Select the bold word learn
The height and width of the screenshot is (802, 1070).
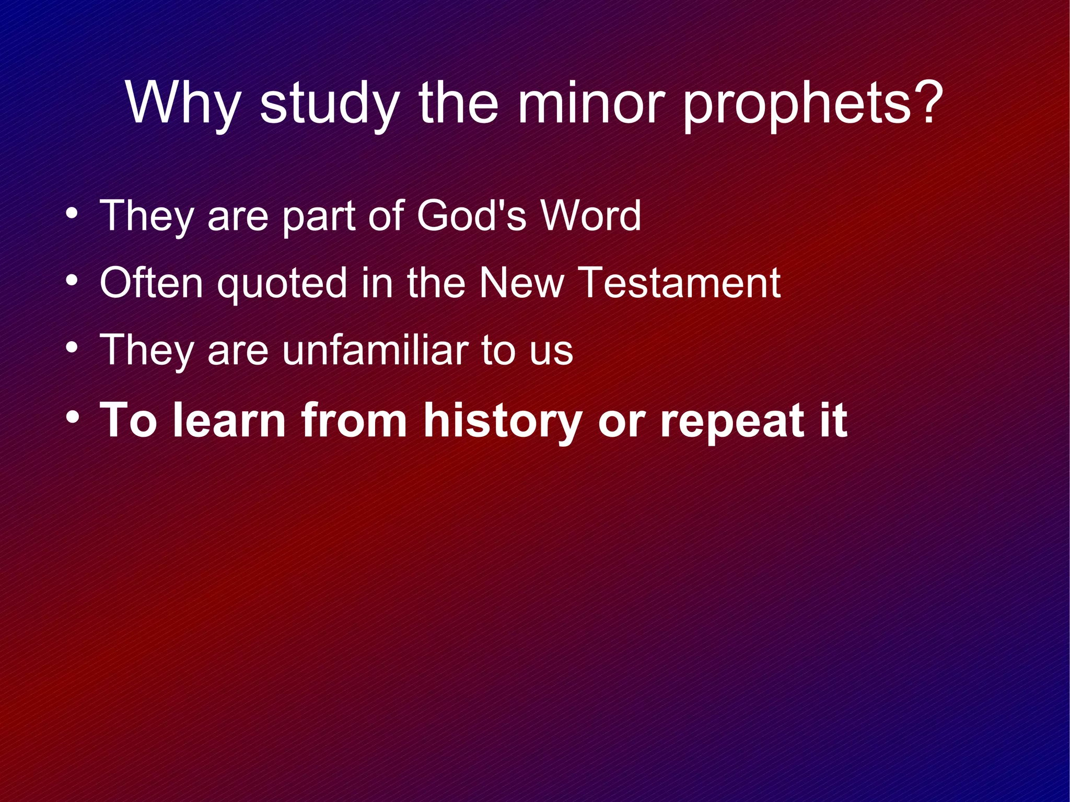[229, 420]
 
